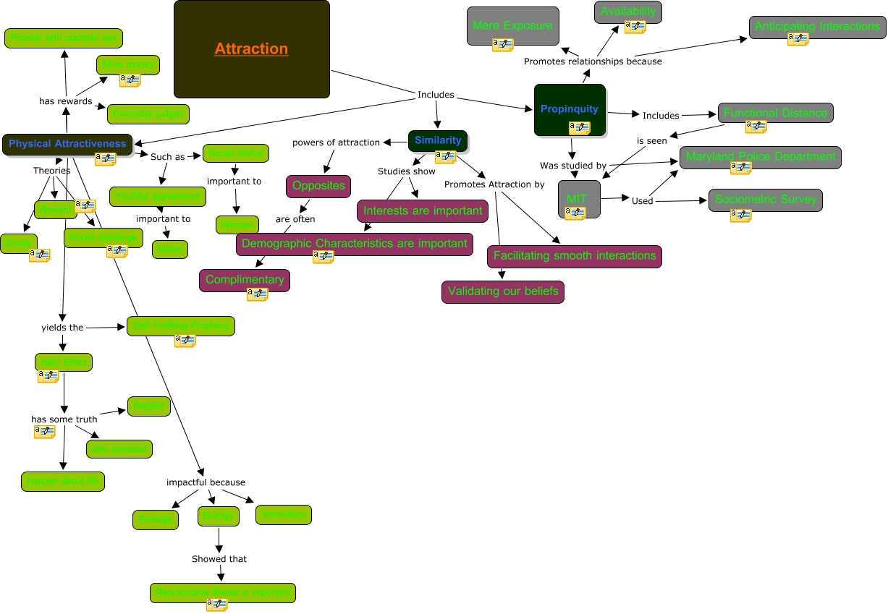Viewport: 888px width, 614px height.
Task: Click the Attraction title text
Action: point(251,49)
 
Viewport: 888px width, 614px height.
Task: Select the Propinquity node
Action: point(570,108)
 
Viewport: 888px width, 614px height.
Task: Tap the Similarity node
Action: point(438,140)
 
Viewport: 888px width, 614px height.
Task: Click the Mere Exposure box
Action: point(512,25)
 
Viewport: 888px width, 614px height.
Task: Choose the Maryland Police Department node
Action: point(760,156)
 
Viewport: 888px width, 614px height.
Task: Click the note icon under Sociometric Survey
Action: point(740,216)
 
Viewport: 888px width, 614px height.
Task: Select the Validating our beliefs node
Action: point(503,291)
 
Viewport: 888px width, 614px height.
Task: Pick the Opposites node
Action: point(318,186)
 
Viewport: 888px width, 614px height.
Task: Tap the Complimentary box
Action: point(245,279)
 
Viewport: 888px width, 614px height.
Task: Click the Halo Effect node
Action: point(64,362)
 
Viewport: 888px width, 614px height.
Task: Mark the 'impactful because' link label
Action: point(206,482)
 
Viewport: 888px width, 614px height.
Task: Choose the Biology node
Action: point(219,516)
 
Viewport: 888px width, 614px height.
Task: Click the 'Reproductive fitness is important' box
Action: point(223,592)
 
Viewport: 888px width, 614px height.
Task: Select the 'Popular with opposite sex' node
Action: point(64,38)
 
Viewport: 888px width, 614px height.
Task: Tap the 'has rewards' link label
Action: point(65,101)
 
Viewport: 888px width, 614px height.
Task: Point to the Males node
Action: point(170,250)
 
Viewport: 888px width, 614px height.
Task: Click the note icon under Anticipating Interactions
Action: point(798,39)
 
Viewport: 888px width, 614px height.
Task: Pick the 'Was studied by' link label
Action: point(573,166)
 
